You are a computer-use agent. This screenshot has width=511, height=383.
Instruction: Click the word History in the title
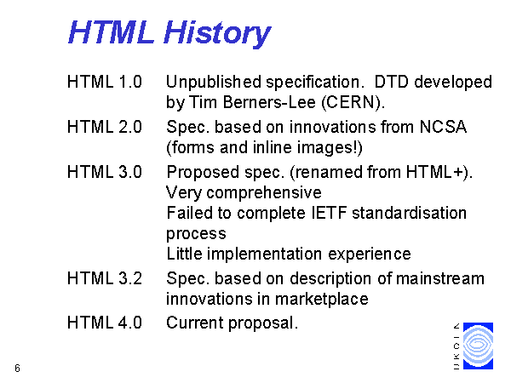[217, 32]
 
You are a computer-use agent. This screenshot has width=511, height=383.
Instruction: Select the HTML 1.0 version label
[105, 82]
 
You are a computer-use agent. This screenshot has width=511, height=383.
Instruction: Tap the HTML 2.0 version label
[105, 127]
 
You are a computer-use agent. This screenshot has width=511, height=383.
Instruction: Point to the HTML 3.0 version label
[105, 172]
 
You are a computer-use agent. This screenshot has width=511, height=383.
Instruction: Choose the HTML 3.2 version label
[105, 278]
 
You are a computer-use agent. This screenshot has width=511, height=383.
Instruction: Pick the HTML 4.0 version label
[105, 323]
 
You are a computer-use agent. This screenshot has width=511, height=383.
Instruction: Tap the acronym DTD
[391, 82]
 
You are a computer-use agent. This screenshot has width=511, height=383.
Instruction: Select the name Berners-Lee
[269, 102]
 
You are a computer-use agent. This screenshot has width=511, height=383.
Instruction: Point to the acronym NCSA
[443, 127]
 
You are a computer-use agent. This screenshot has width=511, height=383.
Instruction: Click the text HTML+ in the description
[434, 172]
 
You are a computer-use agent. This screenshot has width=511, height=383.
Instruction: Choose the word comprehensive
[264, 193]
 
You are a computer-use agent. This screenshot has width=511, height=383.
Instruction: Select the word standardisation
[410, 213]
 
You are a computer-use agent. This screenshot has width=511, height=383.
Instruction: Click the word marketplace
[322, 300]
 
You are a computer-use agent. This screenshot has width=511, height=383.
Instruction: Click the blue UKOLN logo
[478, 346]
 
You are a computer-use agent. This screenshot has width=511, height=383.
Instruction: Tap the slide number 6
[18, 368]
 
